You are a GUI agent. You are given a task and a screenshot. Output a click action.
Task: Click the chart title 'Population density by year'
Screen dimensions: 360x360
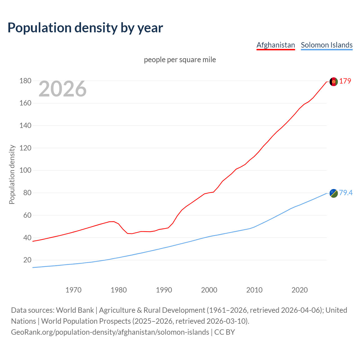[85, 28]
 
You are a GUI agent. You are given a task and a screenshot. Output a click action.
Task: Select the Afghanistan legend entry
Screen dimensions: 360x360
[276, 45]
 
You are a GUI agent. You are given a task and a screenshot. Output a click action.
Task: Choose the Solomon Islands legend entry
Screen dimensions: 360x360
[327, 45]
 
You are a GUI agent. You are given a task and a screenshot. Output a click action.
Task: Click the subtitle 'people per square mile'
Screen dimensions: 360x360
[180, 60]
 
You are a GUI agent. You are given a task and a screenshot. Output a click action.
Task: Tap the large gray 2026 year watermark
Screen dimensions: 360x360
[62, 89]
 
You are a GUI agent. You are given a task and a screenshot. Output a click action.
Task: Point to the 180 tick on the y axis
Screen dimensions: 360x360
[25, 81]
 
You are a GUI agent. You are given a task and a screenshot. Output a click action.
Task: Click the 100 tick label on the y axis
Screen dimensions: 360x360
[25, 170]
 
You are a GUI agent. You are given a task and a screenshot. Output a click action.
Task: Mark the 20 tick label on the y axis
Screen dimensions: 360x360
[27, 260]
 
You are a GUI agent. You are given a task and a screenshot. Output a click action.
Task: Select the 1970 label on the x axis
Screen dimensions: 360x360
[73, 290]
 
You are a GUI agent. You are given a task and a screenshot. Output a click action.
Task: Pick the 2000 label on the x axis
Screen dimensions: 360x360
[209, 290]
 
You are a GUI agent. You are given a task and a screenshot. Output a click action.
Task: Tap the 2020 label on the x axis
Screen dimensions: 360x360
[300, 290]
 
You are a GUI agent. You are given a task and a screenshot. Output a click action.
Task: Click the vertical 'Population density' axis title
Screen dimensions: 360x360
[12, 174]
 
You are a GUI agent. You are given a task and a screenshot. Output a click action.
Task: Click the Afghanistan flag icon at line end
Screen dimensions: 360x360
[334, 82]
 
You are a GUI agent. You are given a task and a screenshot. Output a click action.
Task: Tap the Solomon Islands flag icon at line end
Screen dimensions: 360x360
[334, 193]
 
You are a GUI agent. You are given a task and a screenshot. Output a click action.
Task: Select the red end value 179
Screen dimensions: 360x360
[345, 81]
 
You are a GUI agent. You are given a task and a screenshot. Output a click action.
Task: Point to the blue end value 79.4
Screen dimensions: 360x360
[346, 193]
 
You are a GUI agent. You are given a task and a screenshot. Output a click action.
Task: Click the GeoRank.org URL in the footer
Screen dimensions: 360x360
[110, 332]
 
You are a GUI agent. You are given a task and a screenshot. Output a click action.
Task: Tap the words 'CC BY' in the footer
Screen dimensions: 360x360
[224, 332]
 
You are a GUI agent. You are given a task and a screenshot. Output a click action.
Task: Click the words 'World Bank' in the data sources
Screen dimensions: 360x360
[75, 310]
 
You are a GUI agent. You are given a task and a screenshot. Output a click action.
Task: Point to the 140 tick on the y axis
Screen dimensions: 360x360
[25, 126]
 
